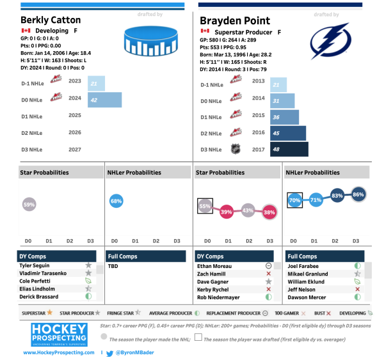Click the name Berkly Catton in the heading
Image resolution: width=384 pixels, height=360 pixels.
point(51,20)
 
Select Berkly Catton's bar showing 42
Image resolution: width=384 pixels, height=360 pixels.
point(104,100)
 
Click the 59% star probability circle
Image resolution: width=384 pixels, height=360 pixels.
point(29,205)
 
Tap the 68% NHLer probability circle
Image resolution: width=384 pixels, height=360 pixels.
point(116,201)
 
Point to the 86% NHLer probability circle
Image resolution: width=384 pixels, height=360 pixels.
point(358,195)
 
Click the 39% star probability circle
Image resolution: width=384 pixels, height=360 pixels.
point(226,212)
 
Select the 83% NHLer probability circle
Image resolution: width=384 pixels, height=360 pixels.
point(337,196)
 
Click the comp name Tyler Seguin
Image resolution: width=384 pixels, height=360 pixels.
point(35,265)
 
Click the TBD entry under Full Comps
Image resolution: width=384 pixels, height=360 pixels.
point(113,265)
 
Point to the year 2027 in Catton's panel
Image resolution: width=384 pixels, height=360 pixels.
point(75,149)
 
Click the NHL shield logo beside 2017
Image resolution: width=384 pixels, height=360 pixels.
point(236,149)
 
